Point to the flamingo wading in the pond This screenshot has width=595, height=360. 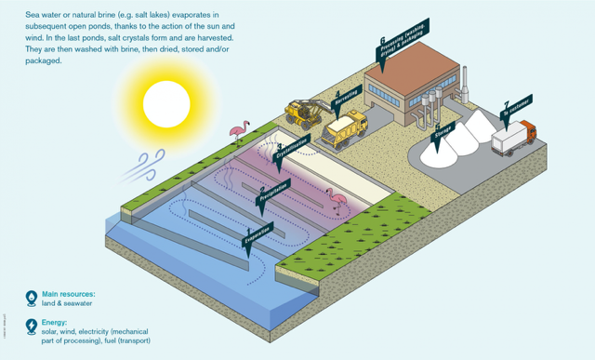tap(336, 198)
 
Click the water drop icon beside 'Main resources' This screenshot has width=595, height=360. tap(31, 298)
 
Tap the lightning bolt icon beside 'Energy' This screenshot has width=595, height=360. tap(31, 327)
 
